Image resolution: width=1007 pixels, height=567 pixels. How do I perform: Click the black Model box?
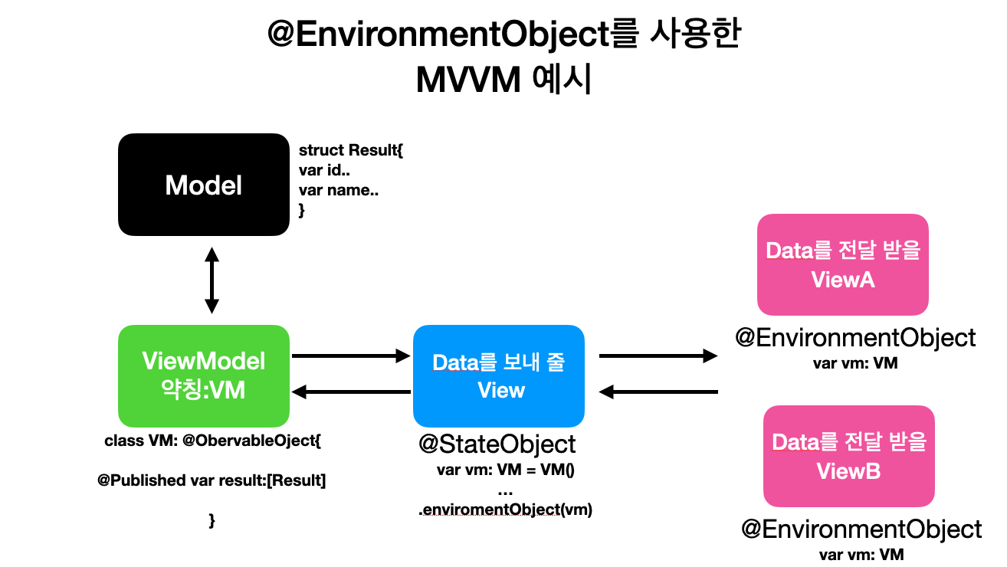[x=204, y=185]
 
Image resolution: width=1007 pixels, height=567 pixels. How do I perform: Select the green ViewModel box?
[x=204, y=376]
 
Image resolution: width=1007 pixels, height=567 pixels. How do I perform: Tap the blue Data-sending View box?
[x=499, y=376]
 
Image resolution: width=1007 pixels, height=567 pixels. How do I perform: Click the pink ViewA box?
[x=843, y=264]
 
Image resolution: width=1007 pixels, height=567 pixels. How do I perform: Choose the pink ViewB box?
[x=849, y=456]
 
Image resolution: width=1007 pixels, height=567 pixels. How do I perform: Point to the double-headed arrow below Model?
[x=212, y=280]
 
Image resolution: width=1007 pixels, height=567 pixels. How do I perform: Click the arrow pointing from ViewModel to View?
[x=351, y=356]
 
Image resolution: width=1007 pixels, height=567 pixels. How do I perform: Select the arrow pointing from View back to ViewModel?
[x=351, y=392]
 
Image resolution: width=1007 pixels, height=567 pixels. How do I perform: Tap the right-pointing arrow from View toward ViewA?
[x=658, y=356]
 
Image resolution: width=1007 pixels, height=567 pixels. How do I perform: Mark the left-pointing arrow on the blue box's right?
[x=658, y=392]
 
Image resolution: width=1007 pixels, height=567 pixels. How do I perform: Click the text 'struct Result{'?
[x=351, y=150]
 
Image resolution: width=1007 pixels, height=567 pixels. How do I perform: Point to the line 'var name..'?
[x=339, y=190]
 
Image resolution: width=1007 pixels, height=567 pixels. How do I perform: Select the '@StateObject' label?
[x=497, y=444]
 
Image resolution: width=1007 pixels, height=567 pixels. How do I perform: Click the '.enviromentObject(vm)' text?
[x=505, y=510]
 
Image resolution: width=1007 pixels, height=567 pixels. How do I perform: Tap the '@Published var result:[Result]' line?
[x=212, y=480]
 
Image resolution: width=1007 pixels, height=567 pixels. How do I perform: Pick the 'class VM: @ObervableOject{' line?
[x=212, y=441]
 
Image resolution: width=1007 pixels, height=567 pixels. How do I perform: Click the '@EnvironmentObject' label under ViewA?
[x=855, y=338]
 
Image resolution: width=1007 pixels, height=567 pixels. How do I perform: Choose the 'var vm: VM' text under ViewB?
[x=861, y=555]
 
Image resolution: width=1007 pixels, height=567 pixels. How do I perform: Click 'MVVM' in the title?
[x=468, y=80]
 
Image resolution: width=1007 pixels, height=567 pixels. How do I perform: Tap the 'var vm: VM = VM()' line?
[x=505, y=470]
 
